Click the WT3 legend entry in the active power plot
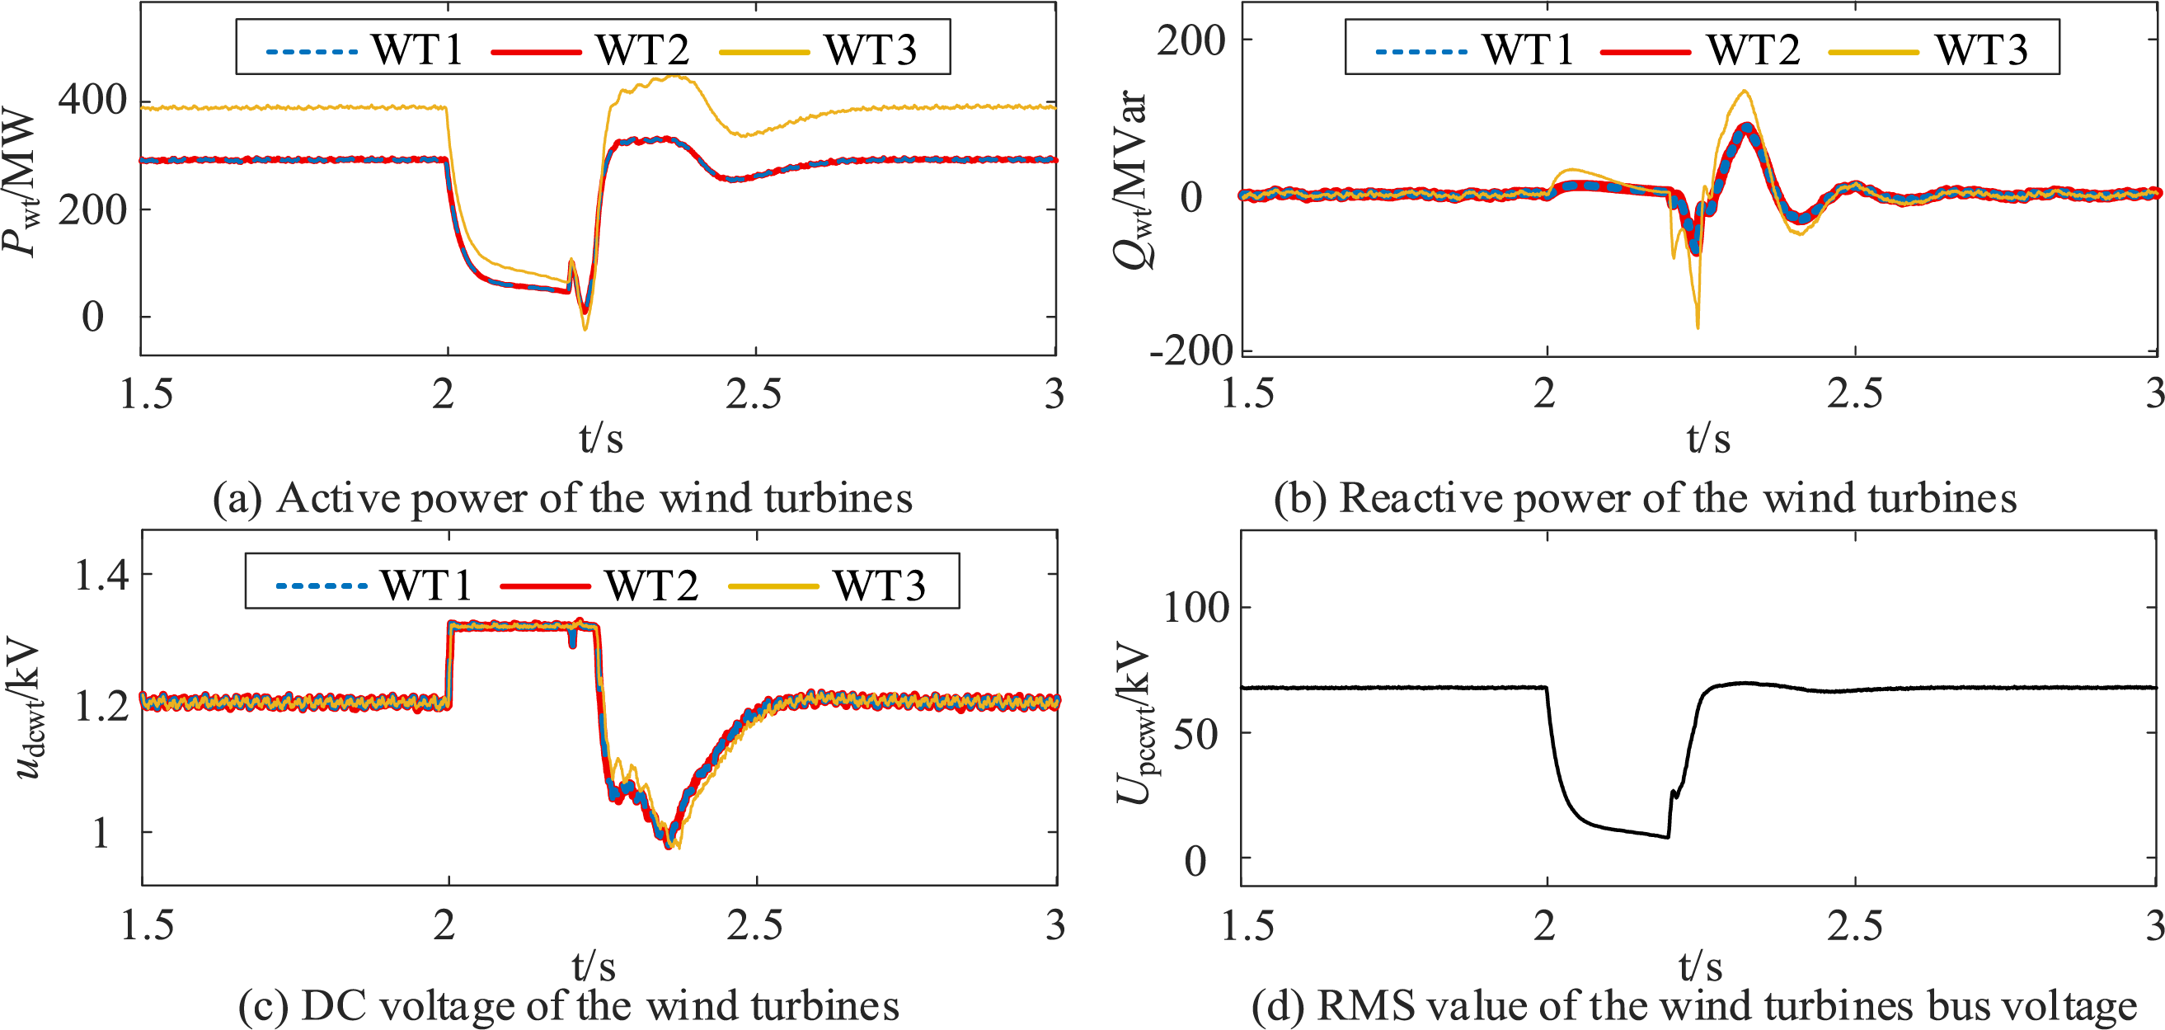[x=869, y=49]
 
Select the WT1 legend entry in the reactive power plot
[x=1527, y=49]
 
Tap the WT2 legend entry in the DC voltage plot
[x=650, y=586]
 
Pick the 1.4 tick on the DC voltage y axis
[x=101, y=576]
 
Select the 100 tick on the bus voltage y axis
[x=1196, y=608]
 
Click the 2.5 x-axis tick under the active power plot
[x=754, y=393]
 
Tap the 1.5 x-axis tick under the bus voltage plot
[x=1247, y=925]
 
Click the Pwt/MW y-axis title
[x=20, y=181]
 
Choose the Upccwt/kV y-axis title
[x=1134, y=722]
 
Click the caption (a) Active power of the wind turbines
[x=562, y=498]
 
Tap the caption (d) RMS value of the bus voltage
[x=1693, y=1005]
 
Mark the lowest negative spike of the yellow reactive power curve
[x=1698, y=327]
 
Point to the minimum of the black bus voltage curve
[x=1668, y=838]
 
